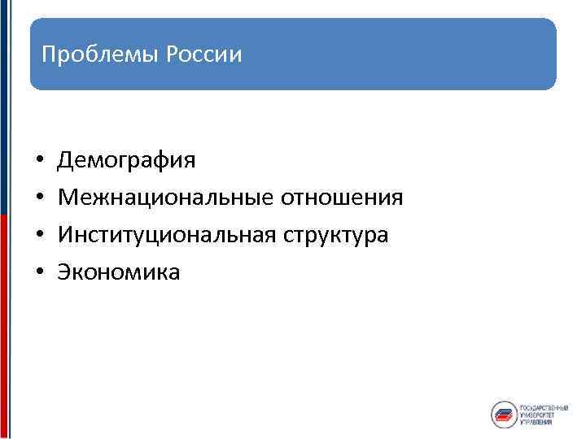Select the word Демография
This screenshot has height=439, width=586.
[x=126, y=160]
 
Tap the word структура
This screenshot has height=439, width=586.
[x=336, y=235]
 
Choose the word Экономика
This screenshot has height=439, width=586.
[x=119, y=272]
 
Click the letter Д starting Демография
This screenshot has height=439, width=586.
[x=64, y=160]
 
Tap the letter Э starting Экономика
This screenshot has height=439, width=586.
[x=63, y=272]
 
